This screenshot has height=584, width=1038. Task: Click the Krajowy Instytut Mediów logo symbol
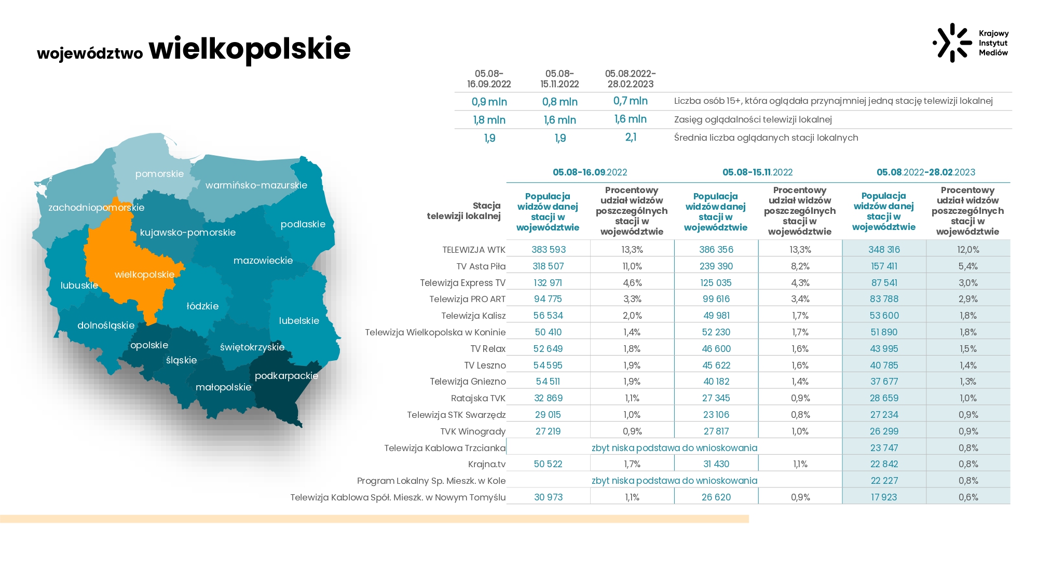(x=952, y=43)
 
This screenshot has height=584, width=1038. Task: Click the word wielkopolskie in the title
(x=250, y=49)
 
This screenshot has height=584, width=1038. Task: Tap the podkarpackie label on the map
(x=286, y=375)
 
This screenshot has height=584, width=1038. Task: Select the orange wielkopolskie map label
(x=144, y=275)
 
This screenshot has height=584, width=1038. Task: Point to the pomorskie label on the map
(x=159, y=174)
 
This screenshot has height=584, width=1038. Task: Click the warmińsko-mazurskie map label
(x=256, y=185)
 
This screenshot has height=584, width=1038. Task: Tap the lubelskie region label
(x=299, y=320)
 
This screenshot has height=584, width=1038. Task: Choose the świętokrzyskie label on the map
(x=252, y=347)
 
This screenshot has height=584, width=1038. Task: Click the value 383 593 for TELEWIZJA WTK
(x=549, y=250)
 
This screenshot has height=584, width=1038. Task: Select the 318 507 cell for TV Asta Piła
(x=548, y=266)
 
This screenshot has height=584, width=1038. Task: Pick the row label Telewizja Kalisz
(x=473, y=316)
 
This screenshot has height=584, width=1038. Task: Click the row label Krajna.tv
(x=487, y=464)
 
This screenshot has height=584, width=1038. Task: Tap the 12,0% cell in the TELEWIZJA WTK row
(x=968, y=250)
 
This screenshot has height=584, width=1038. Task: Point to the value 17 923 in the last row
(x=884, y=497)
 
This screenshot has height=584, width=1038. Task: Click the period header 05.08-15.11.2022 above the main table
(x=758, y=172)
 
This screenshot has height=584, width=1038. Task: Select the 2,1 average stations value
(x=631, y=137)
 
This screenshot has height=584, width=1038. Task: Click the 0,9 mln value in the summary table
(x=489, y=102)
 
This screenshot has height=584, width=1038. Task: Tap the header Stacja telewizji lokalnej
(x=464, y=211)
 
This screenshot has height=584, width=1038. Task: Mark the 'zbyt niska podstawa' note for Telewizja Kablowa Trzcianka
(x=674, y=448)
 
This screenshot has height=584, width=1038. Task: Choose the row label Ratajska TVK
(x=478, y=398)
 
